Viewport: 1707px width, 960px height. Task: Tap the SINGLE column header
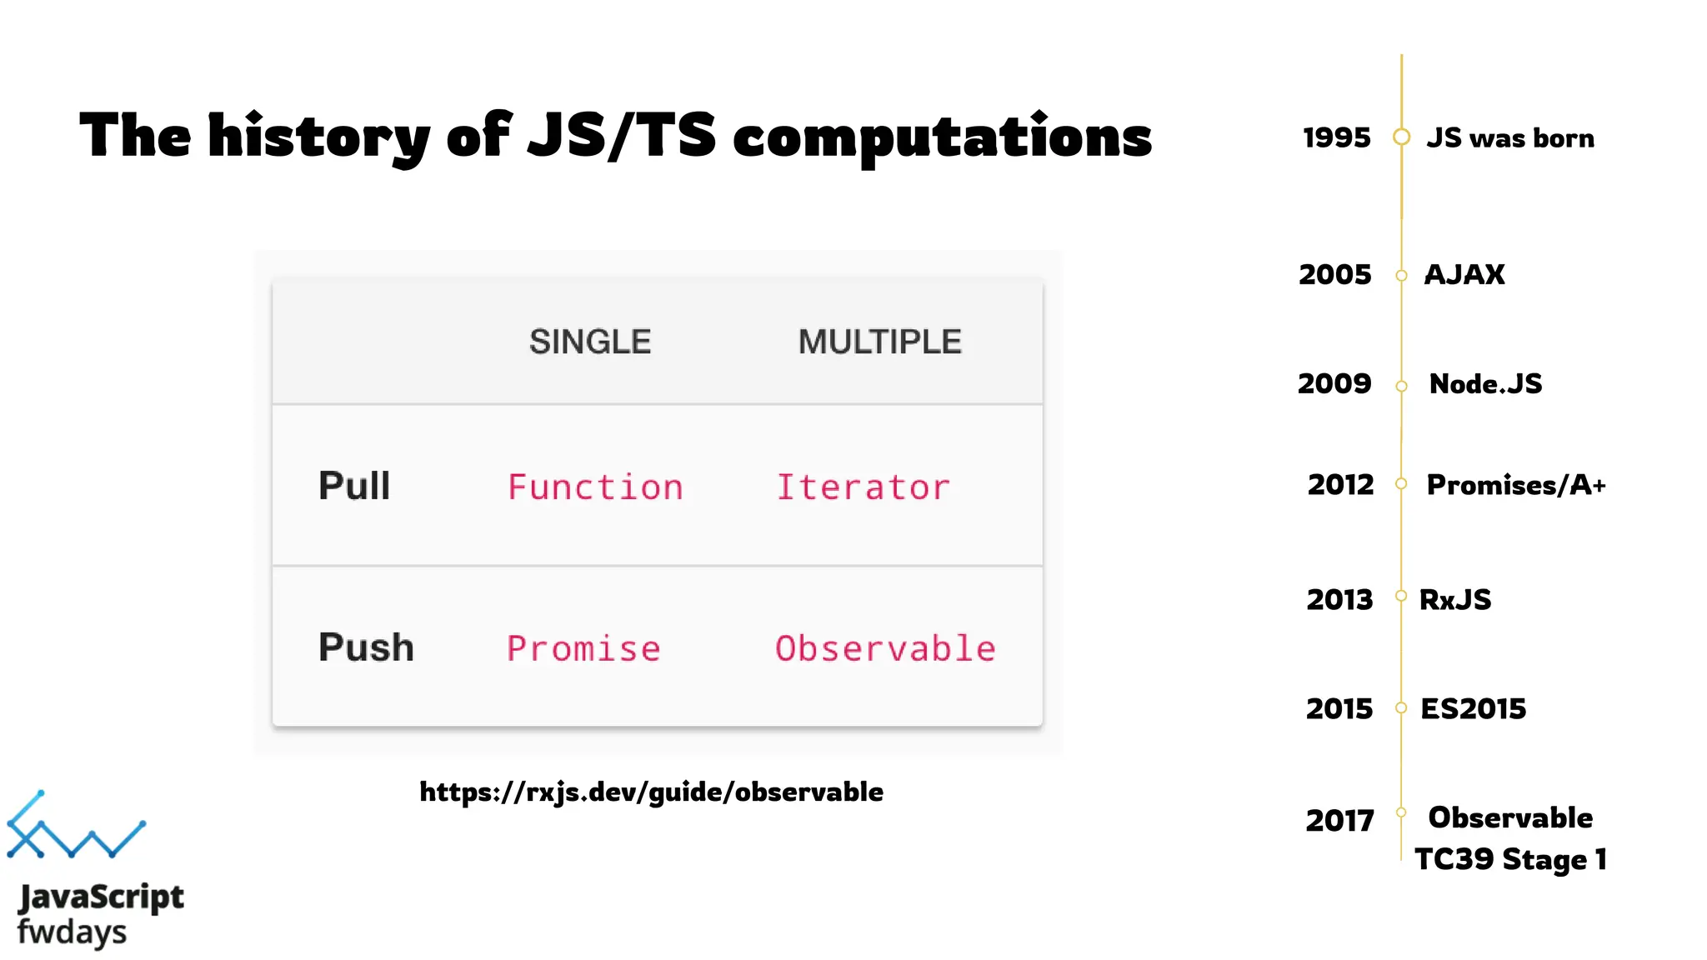click(x=590, y=342)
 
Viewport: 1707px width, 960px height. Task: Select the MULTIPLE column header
click(x=879, y=342)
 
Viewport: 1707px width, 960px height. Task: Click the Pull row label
click(x=354, y=486)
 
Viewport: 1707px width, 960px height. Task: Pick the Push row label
click(x=366, y=647)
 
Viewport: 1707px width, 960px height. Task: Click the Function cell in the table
click(x=595, y=487)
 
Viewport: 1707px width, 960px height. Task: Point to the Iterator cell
click(x=863, y=487)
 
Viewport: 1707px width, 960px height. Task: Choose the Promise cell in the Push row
click(x=583, y=648)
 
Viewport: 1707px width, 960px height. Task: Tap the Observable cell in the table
click(x=885, y=648)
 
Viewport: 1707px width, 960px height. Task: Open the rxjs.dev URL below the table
click(x=651, y=792)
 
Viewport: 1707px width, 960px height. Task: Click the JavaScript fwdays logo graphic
click(x=77, y=826)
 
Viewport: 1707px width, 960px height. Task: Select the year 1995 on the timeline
click(x=1336, y=137)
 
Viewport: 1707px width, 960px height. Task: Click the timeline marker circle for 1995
click(x=1402, y=137)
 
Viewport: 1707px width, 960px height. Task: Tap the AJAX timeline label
click(x=1464, y=274)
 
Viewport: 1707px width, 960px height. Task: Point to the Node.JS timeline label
click(x=1485, y=383)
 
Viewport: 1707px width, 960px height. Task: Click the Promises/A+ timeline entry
click(x=1515, y=484)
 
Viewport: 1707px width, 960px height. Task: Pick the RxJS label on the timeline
click(x=1455, y=599)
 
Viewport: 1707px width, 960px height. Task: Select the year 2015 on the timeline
click(x=1339, y=708)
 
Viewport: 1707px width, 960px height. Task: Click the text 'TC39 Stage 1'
click(x=1510, y=859)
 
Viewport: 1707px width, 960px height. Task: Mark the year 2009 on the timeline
click(x=1334, y=383)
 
